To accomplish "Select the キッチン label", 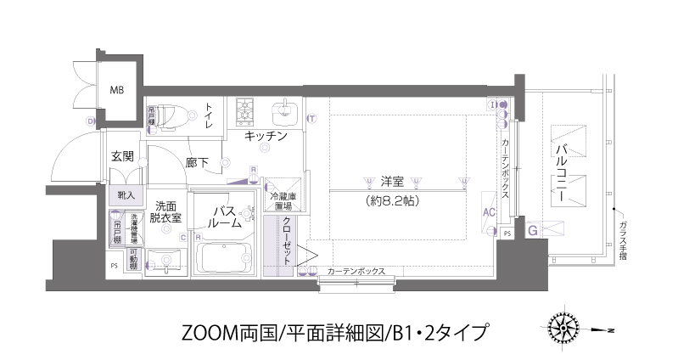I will [265, 136].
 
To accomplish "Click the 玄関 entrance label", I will [122, 156].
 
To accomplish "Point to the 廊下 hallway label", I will [198, 161].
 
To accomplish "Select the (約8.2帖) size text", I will [390, 202].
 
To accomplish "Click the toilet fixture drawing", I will [174, 114].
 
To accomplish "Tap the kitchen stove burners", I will [246, 110].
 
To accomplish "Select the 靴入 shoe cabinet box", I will [124, 194].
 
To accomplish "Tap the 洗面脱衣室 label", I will [166, 211].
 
